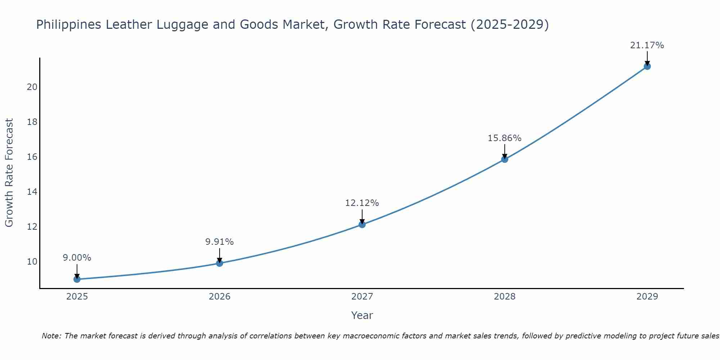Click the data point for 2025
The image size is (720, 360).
pos(77,279)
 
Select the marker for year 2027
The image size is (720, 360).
pos(362,224)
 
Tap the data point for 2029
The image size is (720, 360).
pos(647,66)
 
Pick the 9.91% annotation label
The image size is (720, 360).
pos(219,242)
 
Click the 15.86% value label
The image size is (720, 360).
pos(504,138)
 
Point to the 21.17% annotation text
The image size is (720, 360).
pos(647,45)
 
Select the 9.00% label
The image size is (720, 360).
pos(77,258)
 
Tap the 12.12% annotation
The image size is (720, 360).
pos(362,203)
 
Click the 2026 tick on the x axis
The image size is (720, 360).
pos(219,297)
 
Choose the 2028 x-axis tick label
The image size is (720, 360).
pos(504,297)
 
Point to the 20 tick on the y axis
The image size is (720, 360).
pos(32,87)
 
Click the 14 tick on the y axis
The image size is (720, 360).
pos(32,192)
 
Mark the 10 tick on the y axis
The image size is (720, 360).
pos(32,262)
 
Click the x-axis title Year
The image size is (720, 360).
pos(362,315)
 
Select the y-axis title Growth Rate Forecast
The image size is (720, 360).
pos(9,173)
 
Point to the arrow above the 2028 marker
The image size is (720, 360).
pos(504,151)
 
